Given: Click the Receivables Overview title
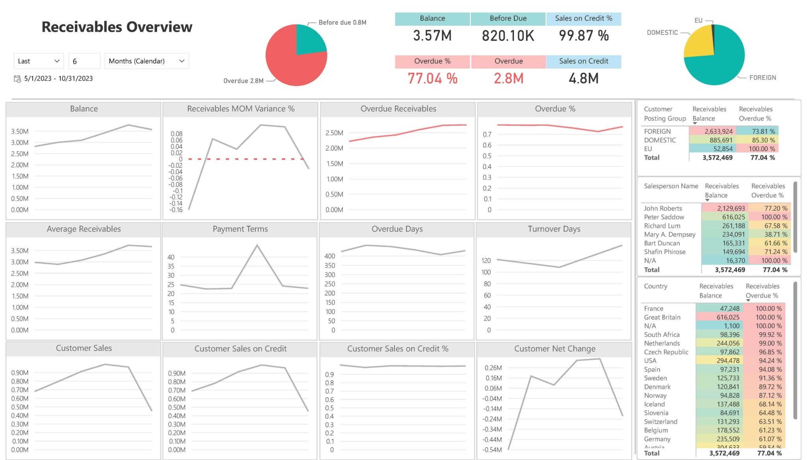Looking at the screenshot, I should pos(117,27).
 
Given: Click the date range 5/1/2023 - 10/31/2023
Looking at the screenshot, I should pos(58,78).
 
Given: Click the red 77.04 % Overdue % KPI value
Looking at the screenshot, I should pos(432,78).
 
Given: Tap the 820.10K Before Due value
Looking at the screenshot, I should pos(508,36).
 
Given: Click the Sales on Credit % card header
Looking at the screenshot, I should pos(584,19).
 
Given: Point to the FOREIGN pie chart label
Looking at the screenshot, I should pos(762,78).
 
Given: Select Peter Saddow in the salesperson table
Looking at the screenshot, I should pos(664,217).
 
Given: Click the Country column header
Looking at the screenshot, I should pos(656,286).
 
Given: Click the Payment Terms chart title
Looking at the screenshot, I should pos(240,229).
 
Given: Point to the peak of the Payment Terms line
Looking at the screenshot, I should pos(257,245).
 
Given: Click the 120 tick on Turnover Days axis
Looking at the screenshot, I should pos(486,261).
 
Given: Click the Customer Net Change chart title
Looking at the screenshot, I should pos(554,349).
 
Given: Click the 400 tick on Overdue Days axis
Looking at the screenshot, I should pos(329,256).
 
